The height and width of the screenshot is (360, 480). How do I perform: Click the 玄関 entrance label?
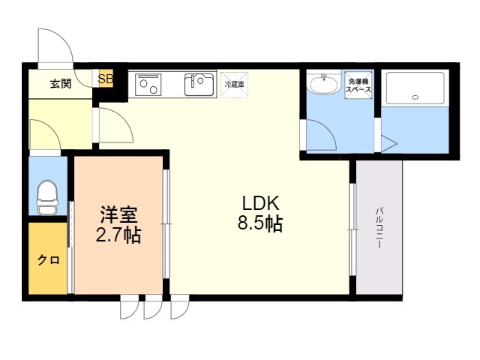click(x=61, y=83)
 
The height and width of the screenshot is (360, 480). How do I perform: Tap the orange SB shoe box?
click(x=106, y=79)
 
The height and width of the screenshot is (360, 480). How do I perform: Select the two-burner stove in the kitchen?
click(x=148, y=85)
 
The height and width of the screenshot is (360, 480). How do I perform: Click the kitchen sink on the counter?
click(x=199, y=85)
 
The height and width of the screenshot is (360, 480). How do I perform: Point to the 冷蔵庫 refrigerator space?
click(x=235, y=85)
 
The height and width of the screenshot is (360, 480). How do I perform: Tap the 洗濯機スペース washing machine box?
click(x=358, y=85)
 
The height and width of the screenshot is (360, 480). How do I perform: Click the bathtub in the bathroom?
click(x=415, y=88)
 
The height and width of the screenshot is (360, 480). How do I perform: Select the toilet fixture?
click(x=47, y=196)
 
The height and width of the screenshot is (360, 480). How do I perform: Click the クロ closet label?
click(x=48, y=260)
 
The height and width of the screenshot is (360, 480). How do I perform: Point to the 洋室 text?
click(x=118, y=214)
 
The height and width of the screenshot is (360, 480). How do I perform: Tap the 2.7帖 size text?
click(x=118, y=235)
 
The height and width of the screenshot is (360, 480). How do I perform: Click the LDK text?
click(x=260, y=203)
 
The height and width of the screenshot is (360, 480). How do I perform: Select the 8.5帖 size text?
click(x=260, y=223)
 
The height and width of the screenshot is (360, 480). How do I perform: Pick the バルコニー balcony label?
click(x=379, y=228)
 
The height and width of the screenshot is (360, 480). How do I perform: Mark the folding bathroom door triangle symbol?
click(x=388, y=143)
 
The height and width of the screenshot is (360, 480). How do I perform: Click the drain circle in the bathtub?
click(x=415, y=97)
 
